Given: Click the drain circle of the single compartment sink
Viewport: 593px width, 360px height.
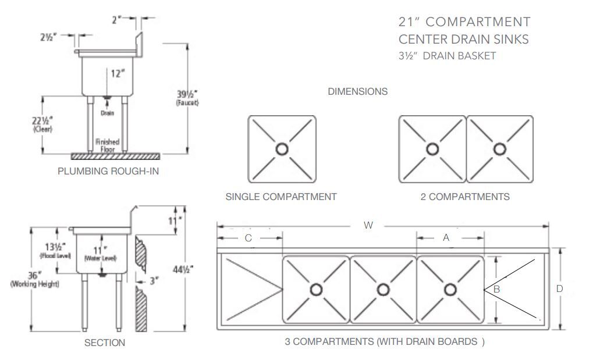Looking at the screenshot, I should tap(282, 149).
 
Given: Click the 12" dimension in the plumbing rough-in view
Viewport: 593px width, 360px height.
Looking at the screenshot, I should tap(118, 73).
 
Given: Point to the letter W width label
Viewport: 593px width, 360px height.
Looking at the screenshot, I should tap(368, 226).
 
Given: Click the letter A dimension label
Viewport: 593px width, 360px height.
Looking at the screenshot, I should tap(446, 237).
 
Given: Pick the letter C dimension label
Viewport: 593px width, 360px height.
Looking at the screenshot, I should tap(248, 238).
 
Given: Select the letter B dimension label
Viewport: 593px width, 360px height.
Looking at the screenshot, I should tap(497, 288).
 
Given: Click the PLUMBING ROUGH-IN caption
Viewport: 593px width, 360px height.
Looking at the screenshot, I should tap(108, 171).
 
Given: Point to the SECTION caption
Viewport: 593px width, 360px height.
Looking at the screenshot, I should tap(105, 343).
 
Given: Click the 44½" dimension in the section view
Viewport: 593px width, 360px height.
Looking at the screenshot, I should tap(184, 268).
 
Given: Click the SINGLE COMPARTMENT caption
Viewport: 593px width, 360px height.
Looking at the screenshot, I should tap(281, 197).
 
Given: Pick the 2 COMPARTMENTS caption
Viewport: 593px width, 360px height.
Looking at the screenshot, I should tap(465, 197).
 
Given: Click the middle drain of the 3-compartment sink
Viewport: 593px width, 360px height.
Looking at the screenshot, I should tap(382, 289).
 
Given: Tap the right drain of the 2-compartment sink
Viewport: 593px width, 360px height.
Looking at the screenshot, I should tap(499, 149).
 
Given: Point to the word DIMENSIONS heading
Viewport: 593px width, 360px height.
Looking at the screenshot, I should tap(358, 91).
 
